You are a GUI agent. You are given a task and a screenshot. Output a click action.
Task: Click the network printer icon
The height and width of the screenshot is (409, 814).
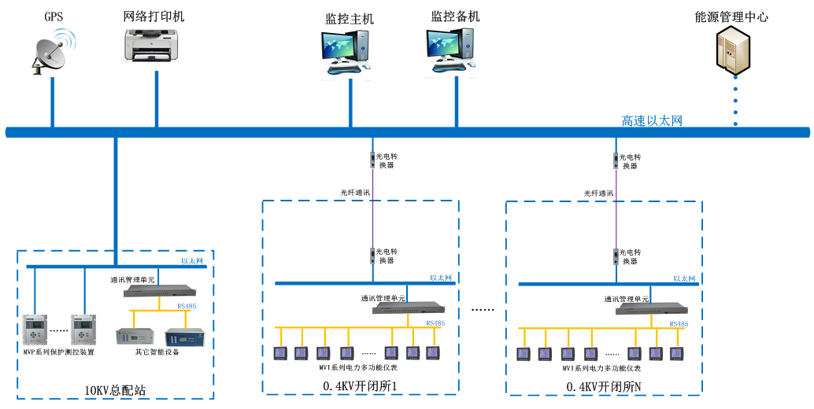(155, 45)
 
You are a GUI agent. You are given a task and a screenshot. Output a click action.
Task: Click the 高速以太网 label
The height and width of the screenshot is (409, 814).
(651, 120)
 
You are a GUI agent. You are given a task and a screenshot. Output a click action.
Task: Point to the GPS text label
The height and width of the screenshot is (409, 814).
(54, 17)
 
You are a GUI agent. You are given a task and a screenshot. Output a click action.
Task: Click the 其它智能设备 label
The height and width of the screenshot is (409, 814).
(157, 352)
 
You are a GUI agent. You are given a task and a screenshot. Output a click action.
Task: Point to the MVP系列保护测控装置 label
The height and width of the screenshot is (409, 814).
(59, 352)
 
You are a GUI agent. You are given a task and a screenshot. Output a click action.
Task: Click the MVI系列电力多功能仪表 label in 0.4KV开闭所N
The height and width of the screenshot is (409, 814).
(601, 368)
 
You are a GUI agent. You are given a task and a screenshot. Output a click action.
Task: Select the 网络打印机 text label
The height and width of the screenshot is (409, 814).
(154, 17)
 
